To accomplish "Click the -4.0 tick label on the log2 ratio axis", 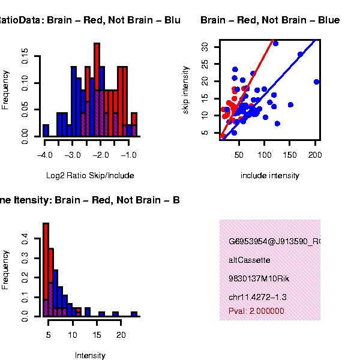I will click(45, 155).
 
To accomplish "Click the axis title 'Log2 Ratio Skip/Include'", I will click(90, 176).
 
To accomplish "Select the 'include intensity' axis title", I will click(269, 176).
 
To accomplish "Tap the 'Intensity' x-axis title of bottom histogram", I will click(90, 355).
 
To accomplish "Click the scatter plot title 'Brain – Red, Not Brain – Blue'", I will click(270, 20).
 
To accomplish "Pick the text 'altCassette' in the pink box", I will click(250, 260).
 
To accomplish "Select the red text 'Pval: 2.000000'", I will click(256, 311).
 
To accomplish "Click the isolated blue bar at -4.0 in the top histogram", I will click(46, 130).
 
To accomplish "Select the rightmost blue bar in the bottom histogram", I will click(134, 313).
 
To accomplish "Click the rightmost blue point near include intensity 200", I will click(316, 82).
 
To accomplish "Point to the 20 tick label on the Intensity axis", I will click(121, 334).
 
